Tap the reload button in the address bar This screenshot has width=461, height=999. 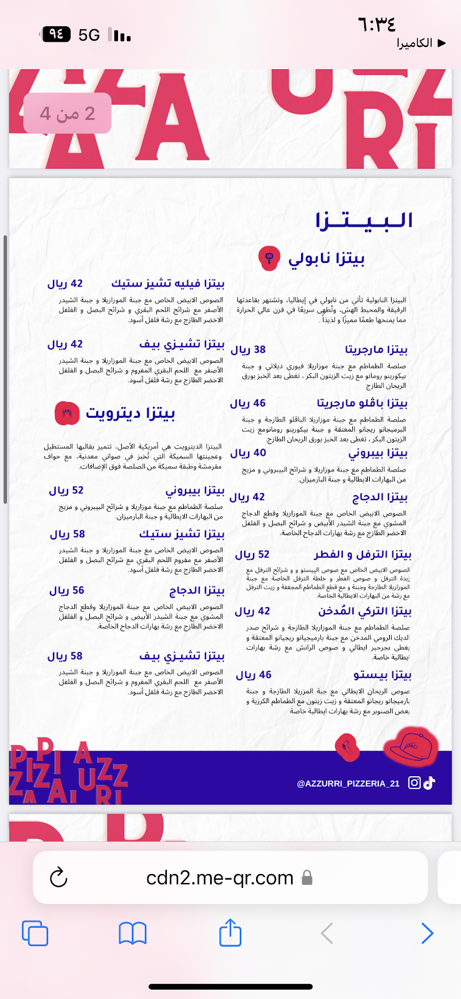58,877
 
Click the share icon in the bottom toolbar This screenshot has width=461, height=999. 230,933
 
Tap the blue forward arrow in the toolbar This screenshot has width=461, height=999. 427,933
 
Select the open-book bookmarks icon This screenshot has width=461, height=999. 132,933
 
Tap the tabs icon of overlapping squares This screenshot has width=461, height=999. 35,933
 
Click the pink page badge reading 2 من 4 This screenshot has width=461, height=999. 67,113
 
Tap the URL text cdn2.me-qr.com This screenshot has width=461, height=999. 220,877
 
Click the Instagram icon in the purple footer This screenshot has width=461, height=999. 414,782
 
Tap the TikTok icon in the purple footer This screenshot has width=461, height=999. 429,782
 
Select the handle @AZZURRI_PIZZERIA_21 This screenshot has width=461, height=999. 348,784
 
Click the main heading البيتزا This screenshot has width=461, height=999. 364,220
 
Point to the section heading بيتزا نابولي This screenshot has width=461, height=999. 326,258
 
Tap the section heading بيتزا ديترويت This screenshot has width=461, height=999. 130,413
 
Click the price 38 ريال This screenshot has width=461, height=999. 248,350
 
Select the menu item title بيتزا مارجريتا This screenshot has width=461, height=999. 376,350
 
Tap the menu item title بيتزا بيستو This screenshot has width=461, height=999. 382,675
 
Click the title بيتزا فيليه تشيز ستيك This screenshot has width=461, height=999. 167,283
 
